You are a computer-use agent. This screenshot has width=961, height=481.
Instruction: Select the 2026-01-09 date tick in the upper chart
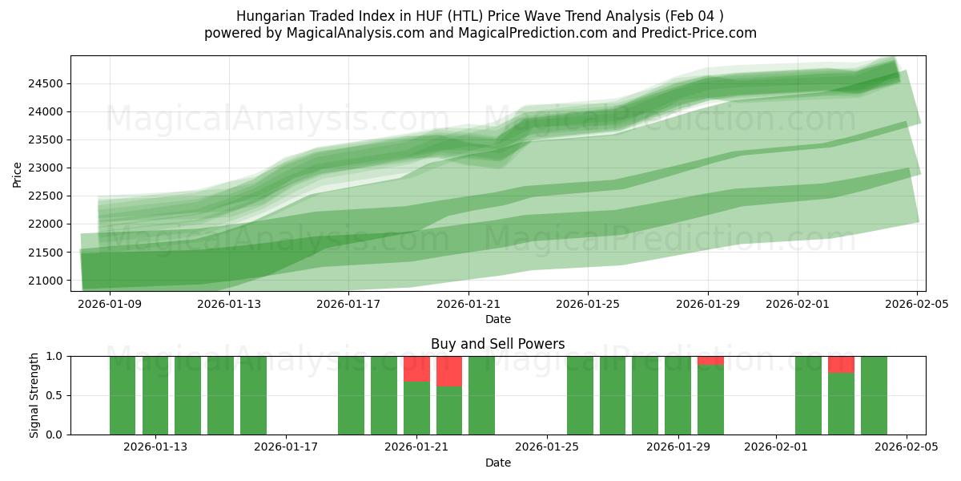[x=110, y=304]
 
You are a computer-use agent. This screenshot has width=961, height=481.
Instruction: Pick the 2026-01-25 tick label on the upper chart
[x=588, y=304]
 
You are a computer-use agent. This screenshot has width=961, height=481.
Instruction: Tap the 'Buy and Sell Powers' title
[x=497, y=344]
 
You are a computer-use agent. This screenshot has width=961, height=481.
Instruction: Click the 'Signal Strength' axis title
[x=34, y=395]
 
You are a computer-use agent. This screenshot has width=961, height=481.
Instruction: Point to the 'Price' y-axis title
[x=18, y=173]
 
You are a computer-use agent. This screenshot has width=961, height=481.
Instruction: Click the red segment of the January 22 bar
[x=449, y=371]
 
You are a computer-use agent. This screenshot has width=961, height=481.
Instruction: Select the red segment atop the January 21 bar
[x=416, y=369]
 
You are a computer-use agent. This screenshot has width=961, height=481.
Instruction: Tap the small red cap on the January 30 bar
[x=710, y=361]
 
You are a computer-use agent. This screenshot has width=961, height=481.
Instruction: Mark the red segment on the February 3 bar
[x=841, y=365]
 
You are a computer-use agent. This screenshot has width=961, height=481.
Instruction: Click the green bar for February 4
[x=874, y=395]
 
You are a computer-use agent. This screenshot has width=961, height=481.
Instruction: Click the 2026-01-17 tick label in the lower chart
[x=286, y=447]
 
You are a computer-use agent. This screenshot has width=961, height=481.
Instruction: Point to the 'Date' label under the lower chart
[x=497, y=463]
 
